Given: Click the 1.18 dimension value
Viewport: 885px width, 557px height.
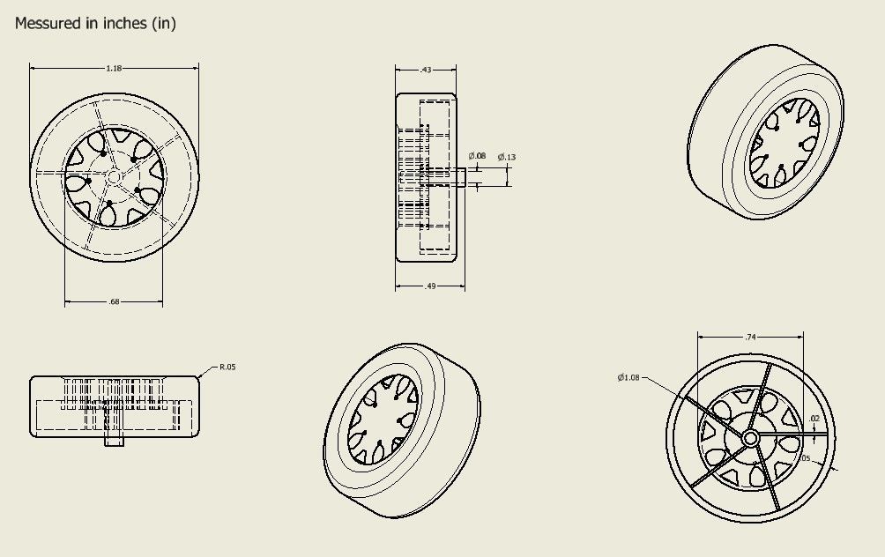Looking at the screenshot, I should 114,68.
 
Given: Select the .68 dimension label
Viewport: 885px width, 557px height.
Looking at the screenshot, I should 114,302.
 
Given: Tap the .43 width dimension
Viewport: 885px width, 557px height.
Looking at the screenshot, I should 426,69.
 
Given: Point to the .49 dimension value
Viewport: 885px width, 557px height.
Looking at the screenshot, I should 430,286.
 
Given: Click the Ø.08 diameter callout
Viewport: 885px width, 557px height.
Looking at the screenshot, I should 477,156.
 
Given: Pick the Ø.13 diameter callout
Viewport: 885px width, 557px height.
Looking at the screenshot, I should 507,156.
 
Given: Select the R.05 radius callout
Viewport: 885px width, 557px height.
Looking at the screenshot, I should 227,367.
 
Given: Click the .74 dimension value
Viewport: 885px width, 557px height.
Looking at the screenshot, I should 750,337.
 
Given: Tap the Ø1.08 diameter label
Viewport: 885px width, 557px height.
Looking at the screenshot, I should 629,377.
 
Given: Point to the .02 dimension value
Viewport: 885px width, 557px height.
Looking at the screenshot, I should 813,419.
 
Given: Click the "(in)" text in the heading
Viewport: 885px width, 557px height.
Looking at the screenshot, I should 164,24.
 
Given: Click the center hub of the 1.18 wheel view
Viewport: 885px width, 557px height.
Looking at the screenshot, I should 114,176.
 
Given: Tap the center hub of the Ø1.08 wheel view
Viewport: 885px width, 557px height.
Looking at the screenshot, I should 751,438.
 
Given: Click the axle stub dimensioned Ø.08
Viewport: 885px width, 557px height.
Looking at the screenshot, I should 460,177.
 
